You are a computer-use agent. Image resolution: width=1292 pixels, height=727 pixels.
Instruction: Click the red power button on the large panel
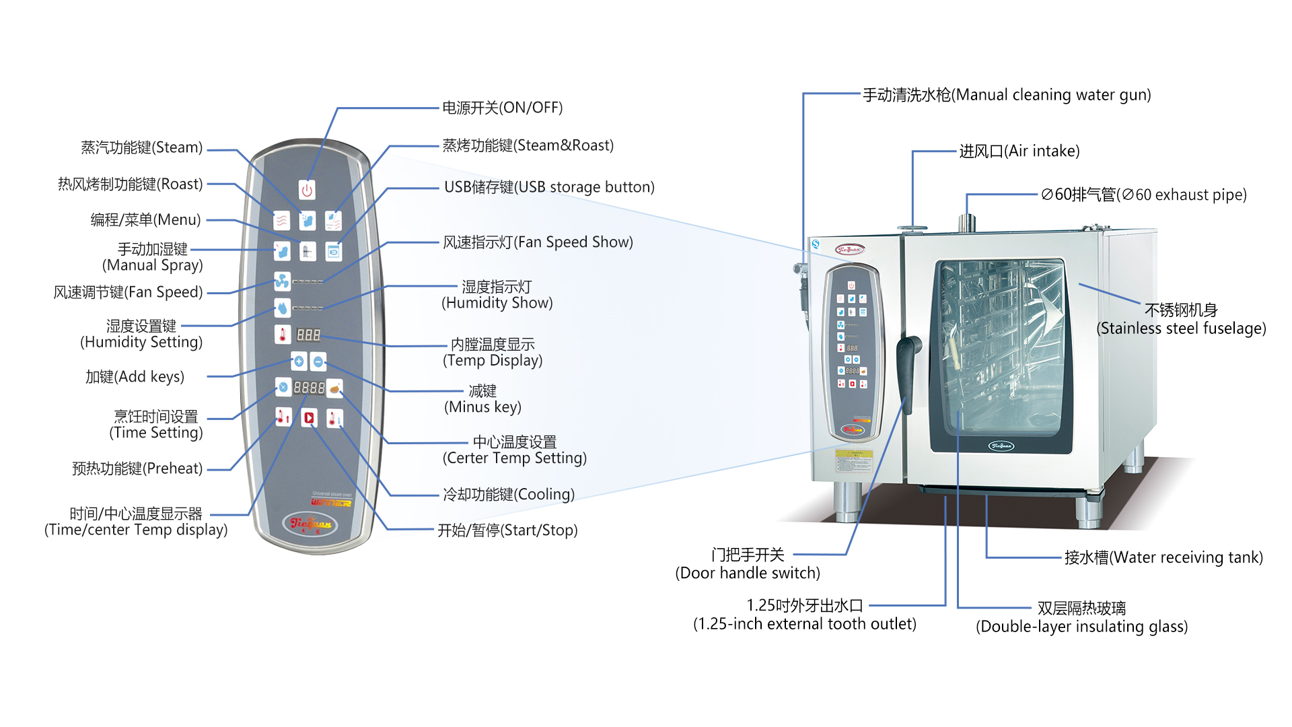(307, 190)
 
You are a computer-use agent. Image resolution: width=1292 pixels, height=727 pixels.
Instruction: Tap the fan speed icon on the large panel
(282, 281)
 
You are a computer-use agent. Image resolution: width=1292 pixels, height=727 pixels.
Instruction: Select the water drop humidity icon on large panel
(282, 308)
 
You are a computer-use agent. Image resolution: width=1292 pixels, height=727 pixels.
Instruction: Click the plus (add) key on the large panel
(299, 361)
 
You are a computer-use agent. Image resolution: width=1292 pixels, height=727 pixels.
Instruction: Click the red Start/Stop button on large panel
(309, 418)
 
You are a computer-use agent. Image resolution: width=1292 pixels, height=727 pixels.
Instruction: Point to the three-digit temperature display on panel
(308, 335)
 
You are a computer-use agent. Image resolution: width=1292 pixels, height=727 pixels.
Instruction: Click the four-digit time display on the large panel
(309, 388)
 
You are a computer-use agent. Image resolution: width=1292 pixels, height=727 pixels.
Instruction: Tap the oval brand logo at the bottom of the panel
(310, 523)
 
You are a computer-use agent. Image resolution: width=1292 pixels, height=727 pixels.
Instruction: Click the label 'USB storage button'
(549, 187)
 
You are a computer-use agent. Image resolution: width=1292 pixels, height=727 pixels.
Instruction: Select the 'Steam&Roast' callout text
(528, 145)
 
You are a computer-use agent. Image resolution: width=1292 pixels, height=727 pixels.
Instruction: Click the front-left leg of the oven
(847, 501)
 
